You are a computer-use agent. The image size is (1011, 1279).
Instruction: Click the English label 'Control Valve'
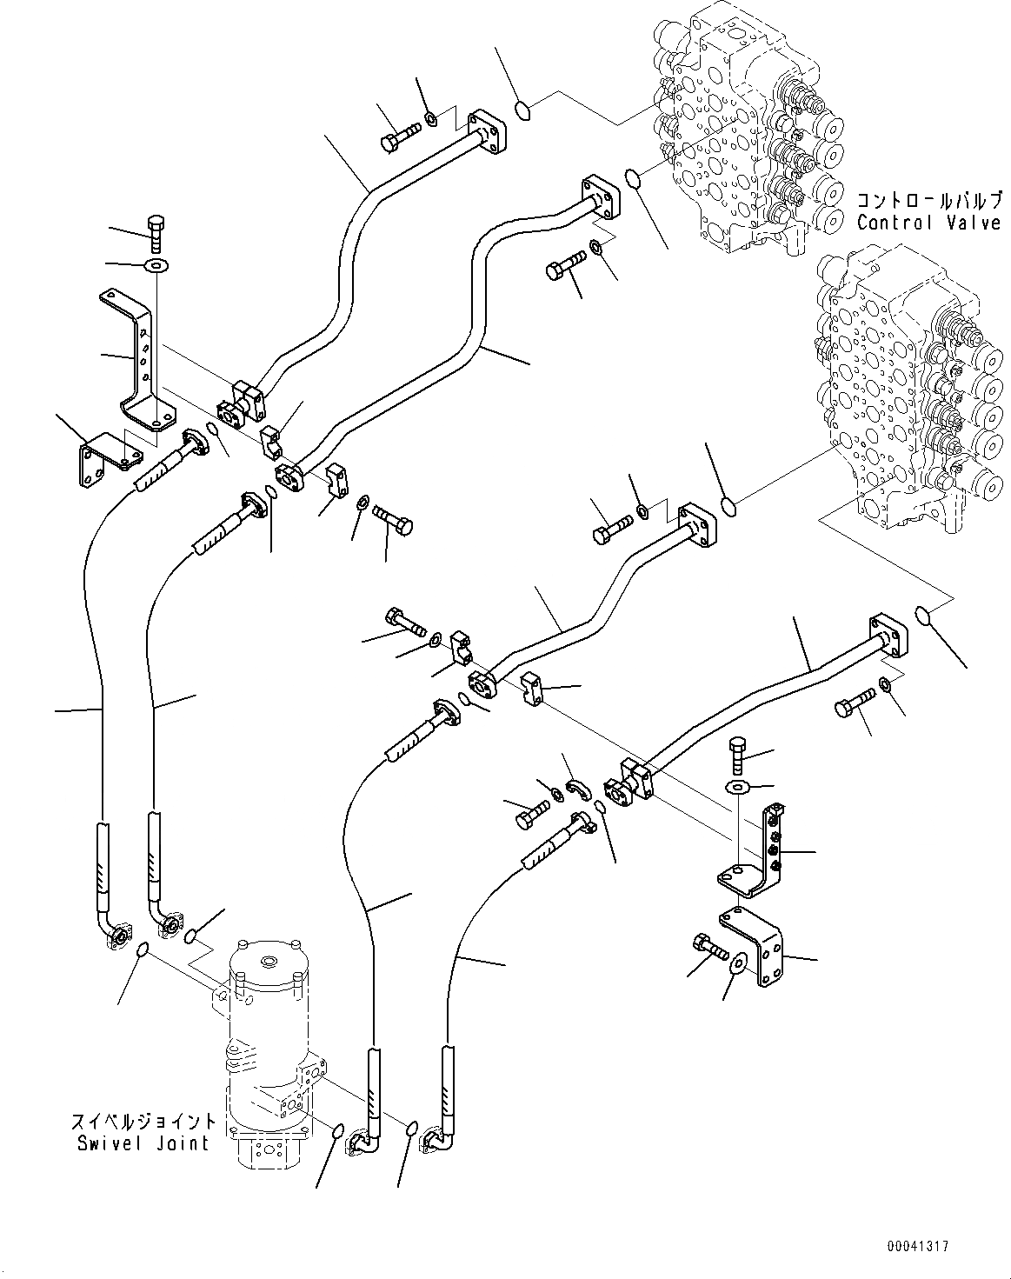pos(928,223)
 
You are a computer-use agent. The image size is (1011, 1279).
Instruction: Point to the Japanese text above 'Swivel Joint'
pos(142,1122)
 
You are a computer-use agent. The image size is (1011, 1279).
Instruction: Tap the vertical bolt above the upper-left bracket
pos(157,230)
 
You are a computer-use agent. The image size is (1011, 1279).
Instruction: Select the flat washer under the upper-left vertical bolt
pos(157,264)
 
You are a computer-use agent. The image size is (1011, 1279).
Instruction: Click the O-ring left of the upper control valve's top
pos(522,110)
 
